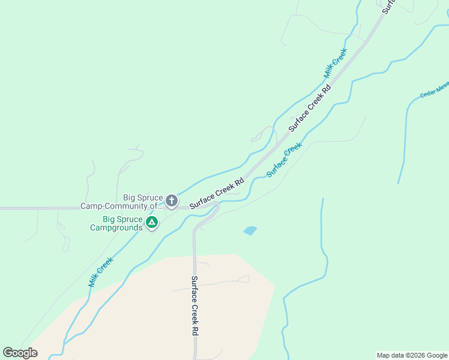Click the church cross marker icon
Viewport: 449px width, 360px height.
(x=171, y=201)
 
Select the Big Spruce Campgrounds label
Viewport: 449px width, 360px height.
(x=116, y=223)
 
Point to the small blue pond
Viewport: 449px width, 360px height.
(x=250, y=230)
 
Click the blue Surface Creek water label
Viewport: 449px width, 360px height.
(x=284, y=160)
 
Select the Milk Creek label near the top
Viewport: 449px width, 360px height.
(x=336, y=63)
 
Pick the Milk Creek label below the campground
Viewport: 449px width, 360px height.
(x=100, y=272)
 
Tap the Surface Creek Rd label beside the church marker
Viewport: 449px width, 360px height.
(x=217, y=193)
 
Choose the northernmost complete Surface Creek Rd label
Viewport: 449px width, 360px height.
(x=310, y=108)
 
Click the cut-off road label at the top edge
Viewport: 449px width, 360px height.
(x=389, y=6)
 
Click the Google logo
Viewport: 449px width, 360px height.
(x=20, y=353)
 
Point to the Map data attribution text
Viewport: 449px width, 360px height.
(x=412, y=355)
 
